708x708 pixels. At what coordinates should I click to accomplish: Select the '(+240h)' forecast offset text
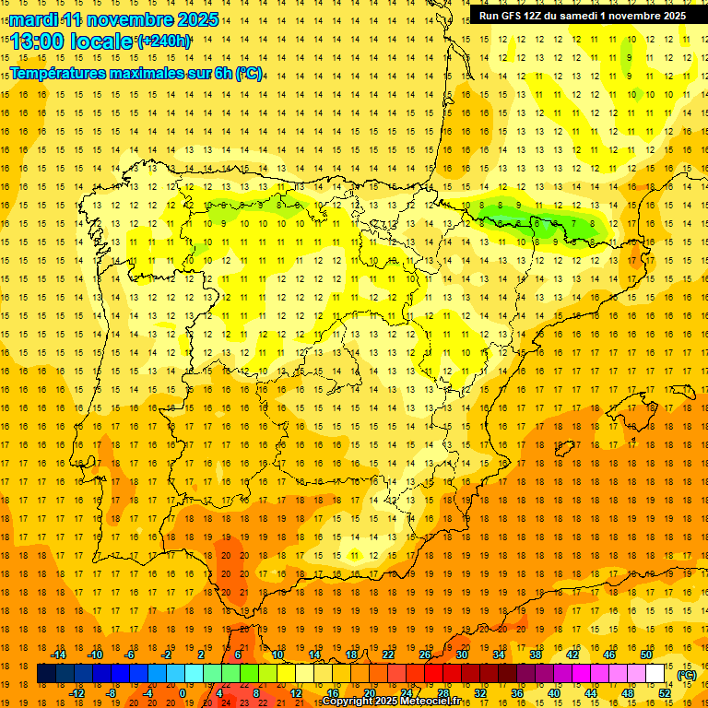pos(163,41)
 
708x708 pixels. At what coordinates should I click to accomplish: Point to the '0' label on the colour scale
pos(183,693)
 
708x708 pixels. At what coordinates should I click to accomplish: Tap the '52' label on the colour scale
pos(665,693)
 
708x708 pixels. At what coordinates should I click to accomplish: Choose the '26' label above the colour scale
pos(425,655)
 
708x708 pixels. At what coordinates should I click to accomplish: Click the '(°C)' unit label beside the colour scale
pos(687,674)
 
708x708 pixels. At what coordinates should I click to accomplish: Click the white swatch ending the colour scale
pos(655,674)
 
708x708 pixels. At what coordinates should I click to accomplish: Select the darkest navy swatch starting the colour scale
pos(46,674)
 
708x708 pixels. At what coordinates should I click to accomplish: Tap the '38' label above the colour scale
pos(536,655)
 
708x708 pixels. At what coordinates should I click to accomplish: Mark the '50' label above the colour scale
pos(646,655)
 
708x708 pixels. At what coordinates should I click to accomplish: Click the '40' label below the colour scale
pos(554,693)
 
